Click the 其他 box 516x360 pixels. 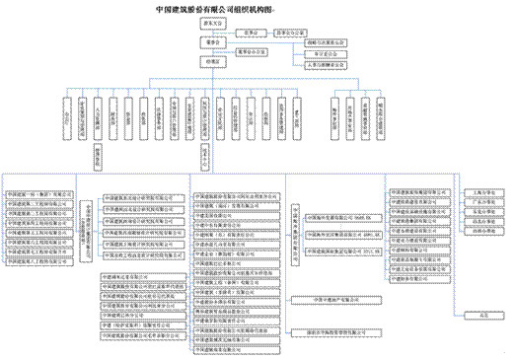pyautogui.click(x=483, y=315)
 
